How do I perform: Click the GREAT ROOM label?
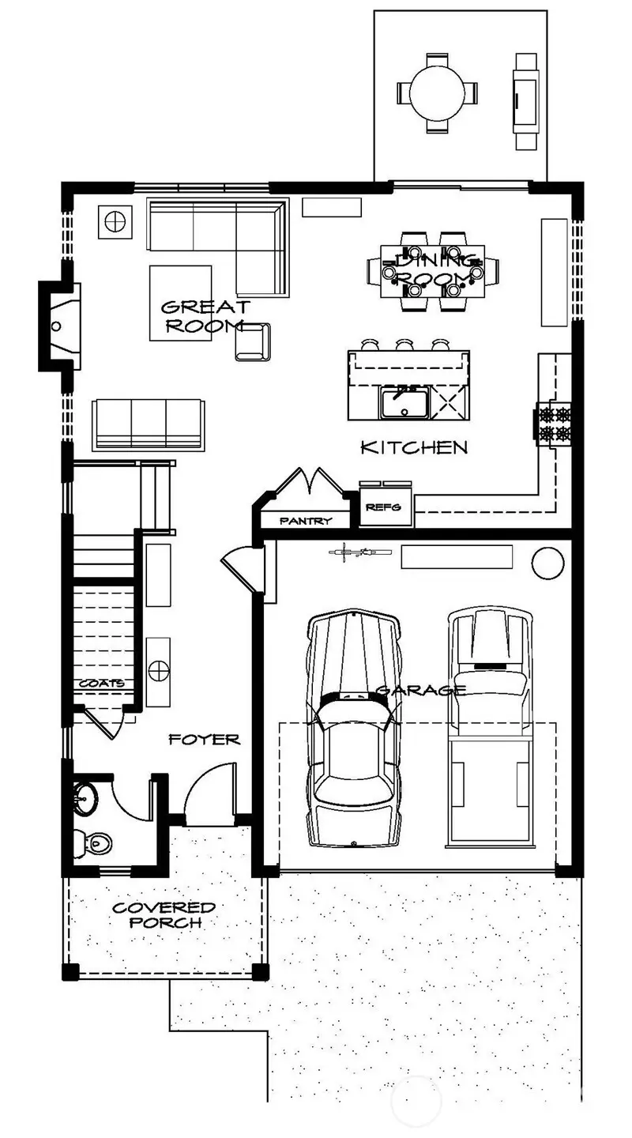pos(205,316)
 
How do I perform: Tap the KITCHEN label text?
pos(414,447)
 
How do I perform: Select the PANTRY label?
pos(304,521)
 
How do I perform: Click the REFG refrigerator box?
pos(386,509)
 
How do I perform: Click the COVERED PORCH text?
pos(164,914)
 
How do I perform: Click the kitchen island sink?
pos(404,403)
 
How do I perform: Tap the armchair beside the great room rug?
pos(253,341)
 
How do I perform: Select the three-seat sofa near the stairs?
pos(148,424)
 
